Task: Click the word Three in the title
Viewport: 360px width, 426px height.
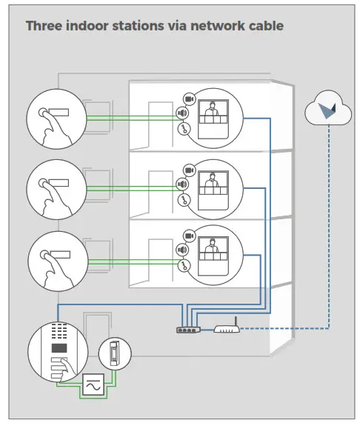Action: coord(44,26)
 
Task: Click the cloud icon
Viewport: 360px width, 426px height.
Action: coord(327,110)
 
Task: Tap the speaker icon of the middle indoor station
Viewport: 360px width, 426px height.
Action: coord(181,184)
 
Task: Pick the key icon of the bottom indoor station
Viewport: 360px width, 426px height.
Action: coord(183,266)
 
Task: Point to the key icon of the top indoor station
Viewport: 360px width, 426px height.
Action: coord(183,129)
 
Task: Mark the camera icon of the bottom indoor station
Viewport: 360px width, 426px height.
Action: coord(188,236)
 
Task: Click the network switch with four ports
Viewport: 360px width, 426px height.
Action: coord(189,330)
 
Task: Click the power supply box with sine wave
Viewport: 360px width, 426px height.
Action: coord(93,386)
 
